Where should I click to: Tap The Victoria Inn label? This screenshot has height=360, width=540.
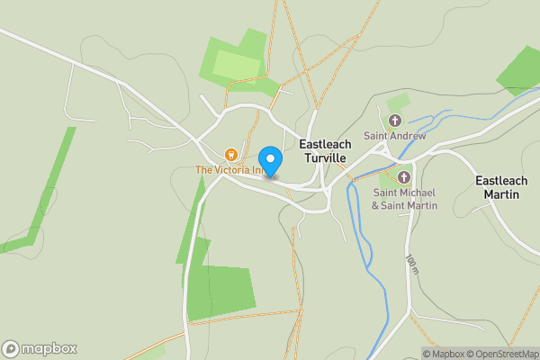[231, 170]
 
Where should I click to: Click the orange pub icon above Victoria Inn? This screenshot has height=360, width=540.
[231, 155]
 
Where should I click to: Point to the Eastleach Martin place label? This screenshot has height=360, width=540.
[508, 187]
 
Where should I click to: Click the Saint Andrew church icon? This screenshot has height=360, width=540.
[394, 121]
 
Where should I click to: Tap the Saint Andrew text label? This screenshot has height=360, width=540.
[393, 136]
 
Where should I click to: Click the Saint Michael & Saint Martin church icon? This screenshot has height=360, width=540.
[404, 177]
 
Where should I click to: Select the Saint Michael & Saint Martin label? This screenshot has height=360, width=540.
[404, 199]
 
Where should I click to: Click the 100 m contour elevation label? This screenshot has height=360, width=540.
[412, 264]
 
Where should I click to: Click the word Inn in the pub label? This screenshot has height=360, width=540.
[259, 170]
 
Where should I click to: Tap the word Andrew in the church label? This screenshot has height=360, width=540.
[407, 136]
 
